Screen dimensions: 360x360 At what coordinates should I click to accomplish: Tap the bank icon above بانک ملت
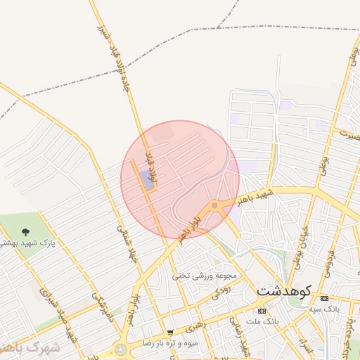coord(262,310)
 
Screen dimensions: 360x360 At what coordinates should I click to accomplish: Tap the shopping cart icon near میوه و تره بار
coord(170,332)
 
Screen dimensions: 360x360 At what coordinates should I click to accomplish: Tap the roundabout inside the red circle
coord(214,205)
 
